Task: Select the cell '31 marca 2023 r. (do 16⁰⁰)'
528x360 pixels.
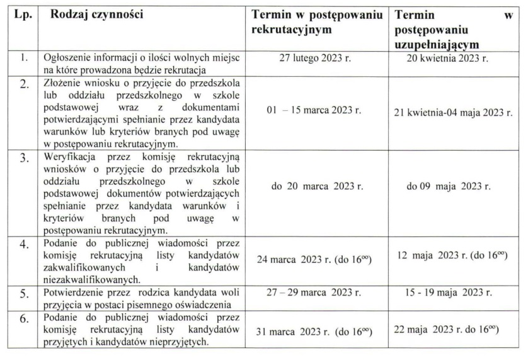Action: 313,332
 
